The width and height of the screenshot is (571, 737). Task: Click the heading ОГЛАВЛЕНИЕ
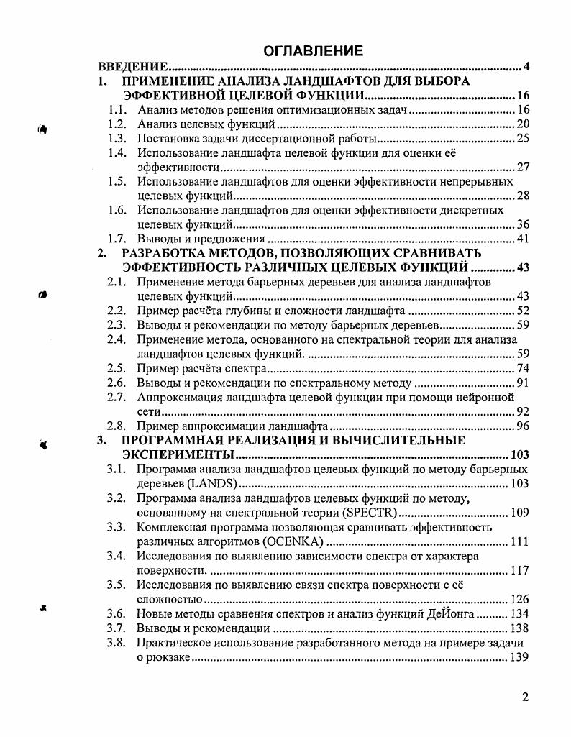(313, 51)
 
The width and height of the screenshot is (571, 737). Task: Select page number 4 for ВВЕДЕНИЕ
(526, 67)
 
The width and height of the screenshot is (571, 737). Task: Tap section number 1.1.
(117, 110)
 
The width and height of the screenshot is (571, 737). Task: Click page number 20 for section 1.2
(523, 124)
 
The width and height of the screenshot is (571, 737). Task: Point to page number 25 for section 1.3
(523, 139)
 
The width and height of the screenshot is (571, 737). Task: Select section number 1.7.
(117, 239)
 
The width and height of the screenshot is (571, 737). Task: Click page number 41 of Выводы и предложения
(523, 239)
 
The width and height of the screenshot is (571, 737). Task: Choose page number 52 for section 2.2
(523, 311)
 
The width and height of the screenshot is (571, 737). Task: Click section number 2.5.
(117, 368)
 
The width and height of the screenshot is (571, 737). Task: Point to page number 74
(523, 368)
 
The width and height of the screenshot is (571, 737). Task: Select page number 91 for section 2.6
(523, 383)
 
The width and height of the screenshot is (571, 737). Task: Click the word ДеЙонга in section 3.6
(452, 613)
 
